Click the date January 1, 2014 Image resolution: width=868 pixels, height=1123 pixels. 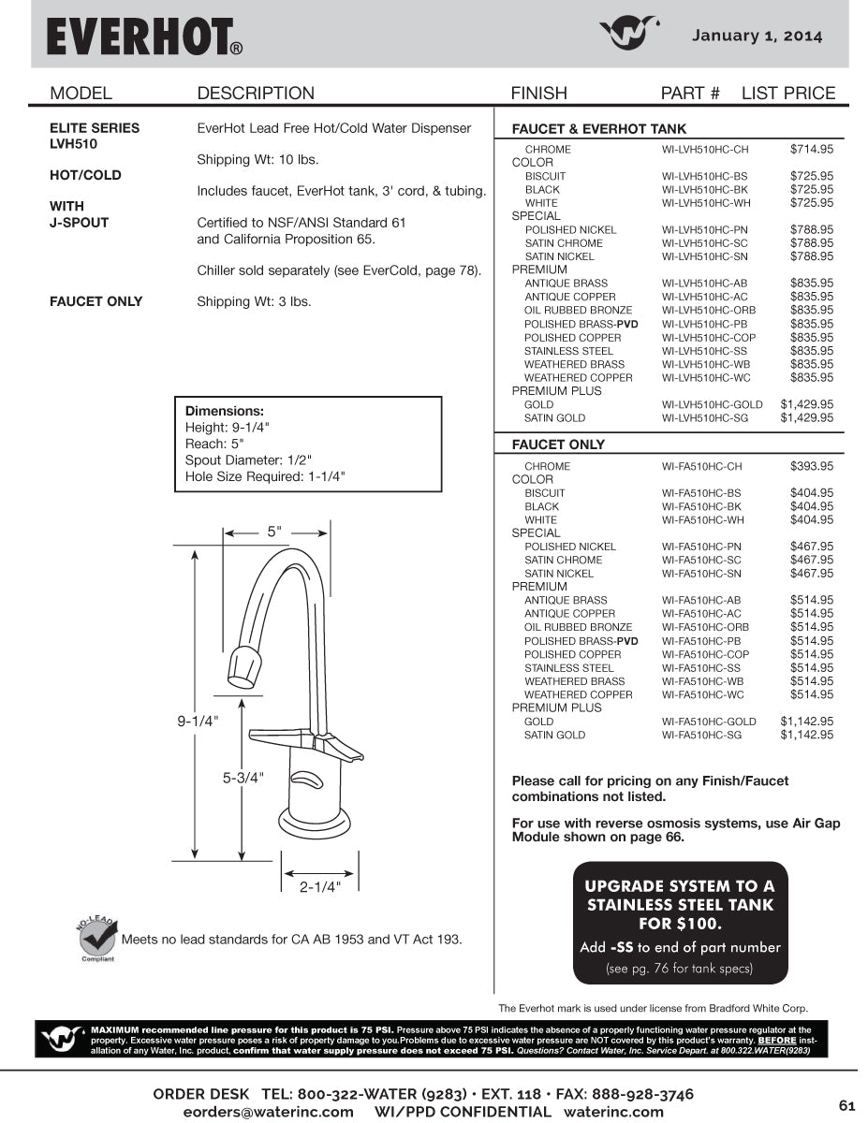point(757,36)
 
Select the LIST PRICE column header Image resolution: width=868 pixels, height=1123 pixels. point(787,93)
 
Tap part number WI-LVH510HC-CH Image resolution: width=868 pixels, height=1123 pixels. point(704,150)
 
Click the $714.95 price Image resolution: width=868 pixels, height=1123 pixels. point(811,149)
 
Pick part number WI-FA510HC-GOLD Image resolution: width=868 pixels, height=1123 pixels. point(708,722)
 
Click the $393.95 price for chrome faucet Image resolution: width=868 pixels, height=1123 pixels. point(811,466)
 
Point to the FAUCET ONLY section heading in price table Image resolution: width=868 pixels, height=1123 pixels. point(558,445)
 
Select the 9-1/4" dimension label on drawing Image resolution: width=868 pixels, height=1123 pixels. point(198,721)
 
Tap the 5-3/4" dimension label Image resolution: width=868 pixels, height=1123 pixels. point(243,777)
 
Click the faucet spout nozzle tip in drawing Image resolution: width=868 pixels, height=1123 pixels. point(243,666)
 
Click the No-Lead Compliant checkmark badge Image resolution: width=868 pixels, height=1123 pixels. point(96,939)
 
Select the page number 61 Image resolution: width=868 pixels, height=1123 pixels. point(846,1105)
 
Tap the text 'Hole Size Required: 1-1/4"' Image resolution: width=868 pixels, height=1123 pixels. point(266,476)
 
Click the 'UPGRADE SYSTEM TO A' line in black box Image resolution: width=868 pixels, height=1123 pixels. point(679,885)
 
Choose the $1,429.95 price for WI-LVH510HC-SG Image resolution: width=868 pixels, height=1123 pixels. point(806,418)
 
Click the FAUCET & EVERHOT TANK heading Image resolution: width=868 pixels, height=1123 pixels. point(598,129)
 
